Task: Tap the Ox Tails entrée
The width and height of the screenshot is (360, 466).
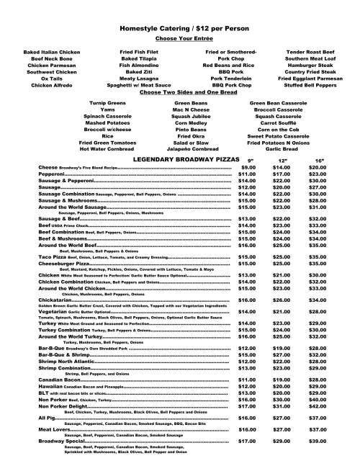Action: pos(32,79)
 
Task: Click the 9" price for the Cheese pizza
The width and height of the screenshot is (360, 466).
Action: pos(248,167)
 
